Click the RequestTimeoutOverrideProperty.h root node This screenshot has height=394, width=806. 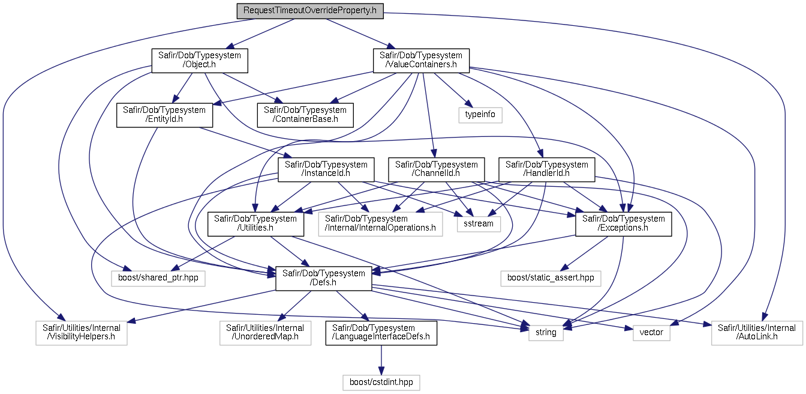[x=310, y=11]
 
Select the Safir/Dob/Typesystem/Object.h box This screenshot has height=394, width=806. [x=200, y=61]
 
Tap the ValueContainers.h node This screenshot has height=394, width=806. [x=421, y=61]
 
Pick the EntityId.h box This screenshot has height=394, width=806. [x=164, y=115]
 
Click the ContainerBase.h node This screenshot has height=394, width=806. [x=305, y=115]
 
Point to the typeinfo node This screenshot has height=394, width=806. [x=480, y=115]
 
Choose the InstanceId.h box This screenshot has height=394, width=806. [x=326, y=169]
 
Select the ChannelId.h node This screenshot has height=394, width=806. [x=436, y=169]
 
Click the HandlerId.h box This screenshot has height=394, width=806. [x=546, y=169]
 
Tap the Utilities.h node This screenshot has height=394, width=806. [x=255, y=224]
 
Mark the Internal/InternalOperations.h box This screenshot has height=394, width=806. [x=380, y=224]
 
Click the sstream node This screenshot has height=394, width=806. [x=479, y=224]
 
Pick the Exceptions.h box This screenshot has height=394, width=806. [x=624, y=224]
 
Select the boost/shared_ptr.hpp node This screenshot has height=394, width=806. [x=158, y=278]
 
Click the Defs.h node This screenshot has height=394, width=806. [x=323, y=278]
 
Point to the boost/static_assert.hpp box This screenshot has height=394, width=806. [x=551, y=278]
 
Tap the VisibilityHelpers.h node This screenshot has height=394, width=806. [x=82, y=333]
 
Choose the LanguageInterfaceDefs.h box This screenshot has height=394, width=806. [x=381, y=333]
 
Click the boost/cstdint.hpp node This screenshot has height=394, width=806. [x=381, y=383]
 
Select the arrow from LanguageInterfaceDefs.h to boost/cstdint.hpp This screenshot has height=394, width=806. [x=381, y=360]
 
